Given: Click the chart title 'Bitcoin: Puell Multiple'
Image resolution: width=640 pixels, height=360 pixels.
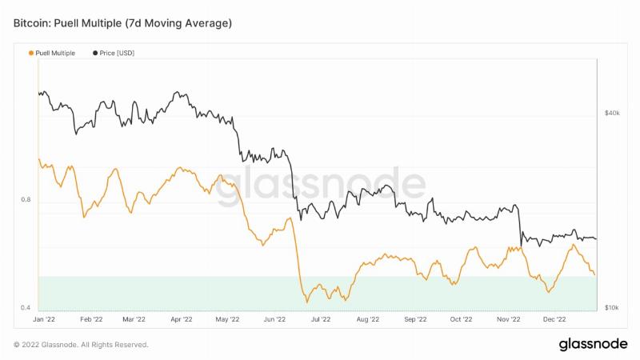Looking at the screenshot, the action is coord(67,23).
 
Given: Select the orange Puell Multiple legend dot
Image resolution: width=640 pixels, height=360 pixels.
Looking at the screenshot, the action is coord(31,53).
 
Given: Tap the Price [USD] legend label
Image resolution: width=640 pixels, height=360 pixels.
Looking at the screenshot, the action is coord(117,53).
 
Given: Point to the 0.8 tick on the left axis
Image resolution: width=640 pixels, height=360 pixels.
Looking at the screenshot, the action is coord(26,199).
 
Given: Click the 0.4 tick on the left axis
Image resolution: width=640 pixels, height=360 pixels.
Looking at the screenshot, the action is coord(26,307).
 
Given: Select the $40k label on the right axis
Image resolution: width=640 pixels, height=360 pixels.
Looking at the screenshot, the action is coord(612,113).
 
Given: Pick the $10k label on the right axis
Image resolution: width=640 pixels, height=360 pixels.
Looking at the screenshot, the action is coord(611,307).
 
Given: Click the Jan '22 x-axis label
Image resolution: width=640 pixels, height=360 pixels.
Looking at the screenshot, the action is coord(44,319).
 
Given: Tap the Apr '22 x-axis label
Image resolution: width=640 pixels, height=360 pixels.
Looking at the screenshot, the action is coord(182,319).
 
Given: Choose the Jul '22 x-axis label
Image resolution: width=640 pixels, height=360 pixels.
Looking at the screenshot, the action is coord(321,319).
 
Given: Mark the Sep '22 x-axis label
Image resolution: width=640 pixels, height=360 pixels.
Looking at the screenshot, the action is coord(415,319).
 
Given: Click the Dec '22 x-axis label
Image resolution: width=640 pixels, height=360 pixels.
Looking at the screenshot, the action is coord(554,319).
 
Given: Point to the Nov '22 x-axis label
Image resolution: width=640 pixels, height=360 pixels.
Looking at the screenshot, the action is coord(508,319).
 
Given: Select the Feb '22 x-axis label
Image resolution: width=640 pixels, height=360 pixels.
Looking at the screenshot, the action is coord(91,319).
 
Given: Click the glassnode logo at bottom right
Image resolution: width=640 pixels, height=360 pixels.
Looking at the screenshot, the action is coord(593,344).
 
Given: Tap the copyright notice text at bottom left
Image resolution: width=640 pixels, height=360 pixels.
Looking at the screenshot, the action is coord(81,345).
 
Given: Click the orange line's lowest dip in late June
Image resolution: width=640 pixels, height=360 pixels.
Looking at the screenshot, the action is coord(307,302).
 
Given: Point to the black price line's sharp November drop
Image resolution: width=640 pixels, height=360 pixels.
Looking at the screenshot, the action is coord(520,226).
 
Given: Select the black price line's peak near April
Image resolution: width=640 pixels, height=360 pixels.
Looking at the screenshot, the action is coord(177,92).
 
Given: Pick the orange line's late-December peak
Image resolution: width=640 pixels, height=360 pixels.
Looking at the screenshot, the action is coord(574,245).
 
